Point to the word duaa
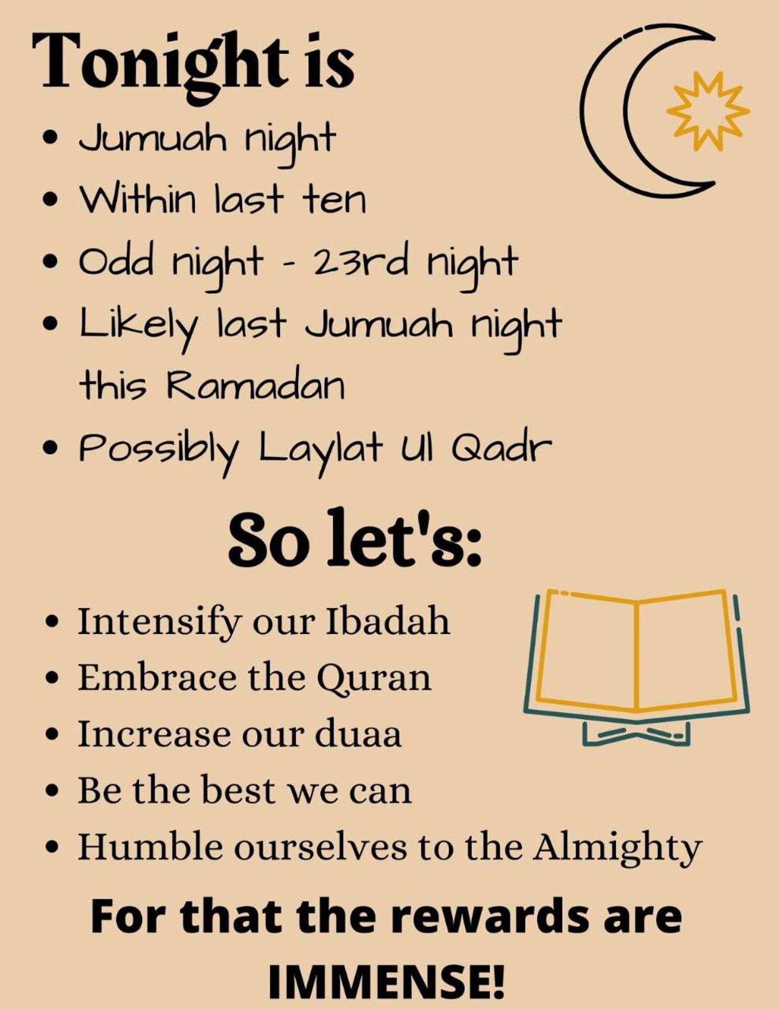(358, 734)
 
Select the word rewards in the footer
(500, 917)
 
